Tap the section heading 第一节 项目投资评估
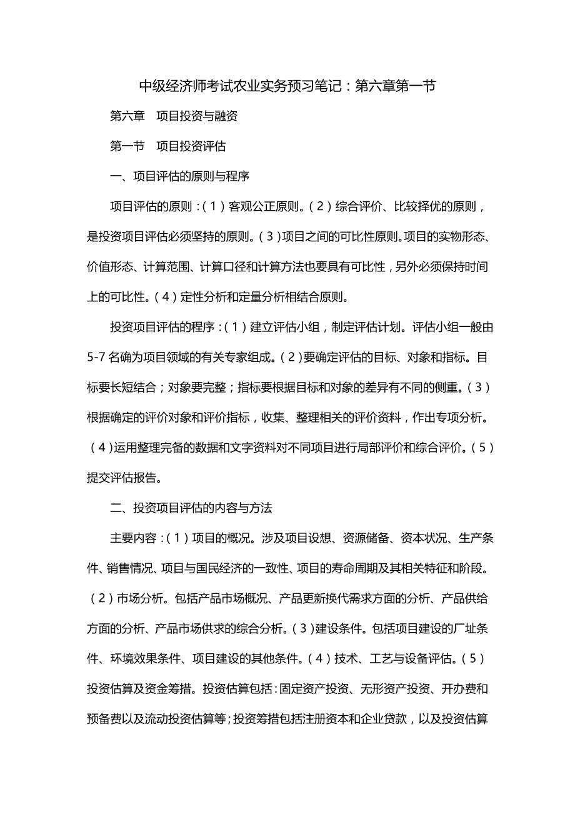(x=167, y=146)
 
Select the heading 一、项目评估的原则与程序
(x=179, y=176)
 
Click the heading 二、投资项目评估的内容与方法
(x=191, y=508)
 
